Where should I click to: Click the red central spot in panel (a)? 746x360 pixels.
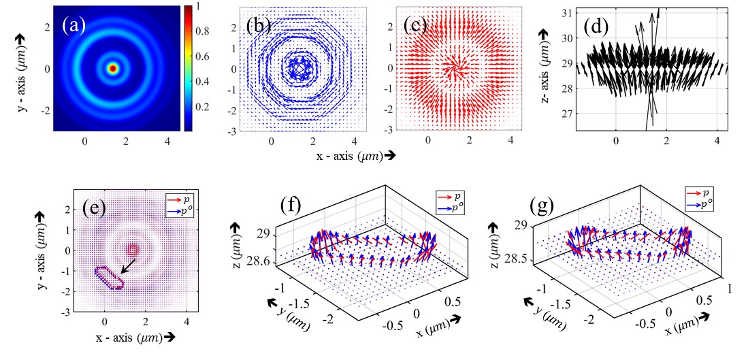pos(113,68)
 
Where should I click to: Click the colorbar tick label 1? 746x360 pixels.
pos(195,7)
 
